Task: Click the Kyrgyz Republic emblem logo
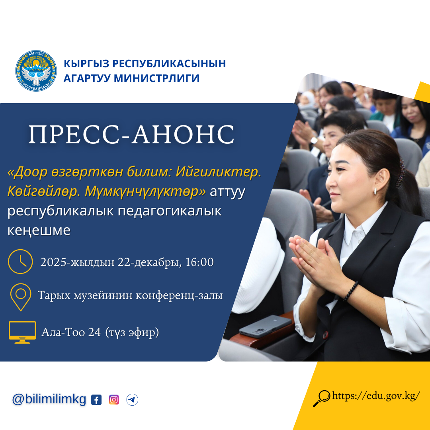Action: pos(36,71)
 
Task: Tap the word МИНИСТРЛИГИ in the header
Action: pos(156,78)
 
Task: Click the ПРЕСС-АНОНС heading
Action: pos(131,135)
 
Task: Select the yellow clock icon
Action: pos(21,262)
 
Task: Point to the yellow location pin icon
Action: pos(21,297)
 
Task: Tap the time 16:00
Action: pos(199,262)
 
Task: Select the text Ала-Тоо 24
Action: pos(71,332)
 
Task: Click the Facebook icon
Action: pos(96,400)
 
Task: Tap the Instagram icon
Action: pos(114,400)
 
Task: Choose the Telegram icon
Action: pos(132,400)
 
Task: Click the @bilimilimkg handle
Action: pos(49,399)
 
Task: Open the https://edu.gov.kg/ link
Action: pos(376,396)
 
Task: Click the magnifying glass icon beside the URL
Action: pos(322,399)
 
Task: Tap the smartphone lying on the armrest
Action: pos(265,326)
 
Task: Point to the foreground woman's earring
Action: pos(375,191)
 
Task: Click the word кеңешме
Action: pos(39,231)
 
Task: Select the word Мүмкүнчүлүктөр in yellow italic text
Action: pos(145,191)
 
